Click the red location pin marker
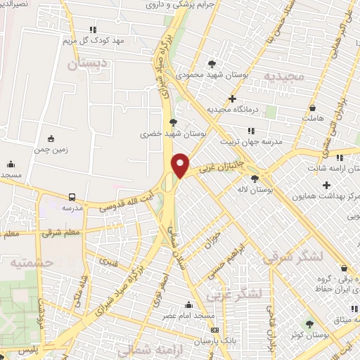click(181, 165)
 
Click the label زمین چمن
click(50, 150)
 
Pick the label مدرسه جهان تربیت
click(252, 141)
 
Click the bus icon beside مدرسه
click(72, 198)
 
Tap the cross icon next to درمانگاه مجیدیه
click(232, 98)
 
